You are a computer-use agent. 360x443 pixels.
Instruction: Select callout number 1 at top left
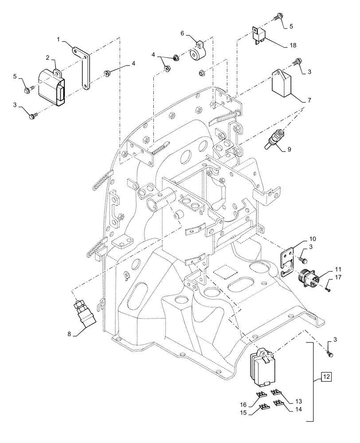pyautogui.click(x=59, y=40)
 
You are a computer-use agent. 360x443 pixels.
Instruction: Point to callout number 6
pyautogui.click(x=182, y=33)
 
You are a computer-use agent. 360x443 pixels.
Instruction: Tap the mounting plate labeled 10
pyautogui.click(x=286, y=262)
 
